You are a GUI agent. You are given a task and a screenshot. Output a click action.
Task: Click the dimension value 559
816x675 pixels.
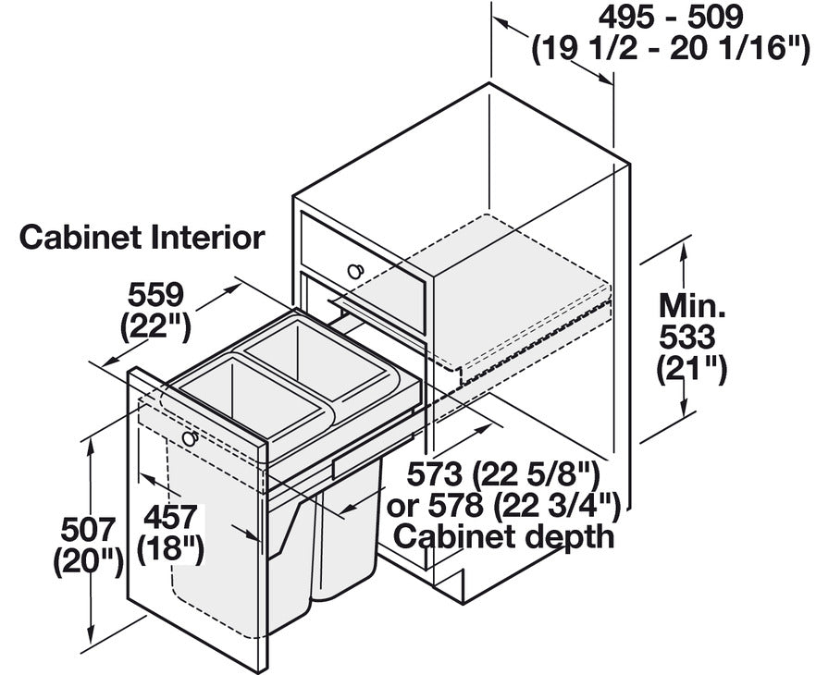coord(156,295)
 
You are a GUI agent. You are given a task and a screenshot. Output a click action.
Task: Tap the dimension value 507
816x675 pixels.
coord(88,530)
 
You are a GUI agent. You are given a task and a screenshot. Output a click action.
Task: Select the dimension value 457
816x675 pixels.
coord(170,518)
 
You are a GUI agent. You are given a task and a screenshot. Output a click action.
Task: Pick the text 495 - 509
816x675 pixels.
coord(671,18)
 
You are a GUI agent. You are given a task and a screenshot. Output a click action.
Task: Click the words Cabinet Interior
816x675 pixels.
coord(142,237)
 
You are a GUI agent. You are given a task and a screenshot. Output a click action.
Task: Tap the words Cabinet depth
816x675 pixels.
coord(503,536)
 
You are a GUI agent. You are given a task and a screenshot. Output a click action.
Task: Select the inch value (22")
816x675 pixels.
coord(156,327)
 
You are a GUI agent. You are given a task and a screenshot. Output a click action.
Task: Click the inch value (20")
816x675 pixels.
coord(88,562)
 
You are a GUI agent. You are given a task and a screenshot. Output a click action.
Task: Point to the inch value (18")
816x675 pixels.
coord(170,549)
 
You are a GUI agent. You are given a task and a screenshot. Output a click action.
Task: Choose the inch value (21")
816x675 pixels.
coord(691,370)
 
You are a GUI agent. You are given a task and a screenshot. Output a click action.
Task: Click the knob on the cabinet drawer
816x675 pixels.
coord(356,270)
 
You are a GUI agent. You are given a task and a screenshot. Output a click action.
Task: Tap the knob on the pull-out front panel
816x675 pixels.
coord(190,437)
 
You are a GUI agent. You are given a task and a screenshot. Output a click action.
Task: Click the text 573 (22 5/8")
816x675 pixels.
coord(503,473)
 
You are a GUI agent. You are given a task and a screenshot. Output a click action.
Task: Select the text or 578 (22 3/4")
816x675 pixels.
coord(503,505)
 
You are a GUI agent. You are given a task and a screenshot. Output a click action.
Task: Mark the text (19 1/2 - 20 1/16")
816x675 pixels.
coord(671,49)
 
